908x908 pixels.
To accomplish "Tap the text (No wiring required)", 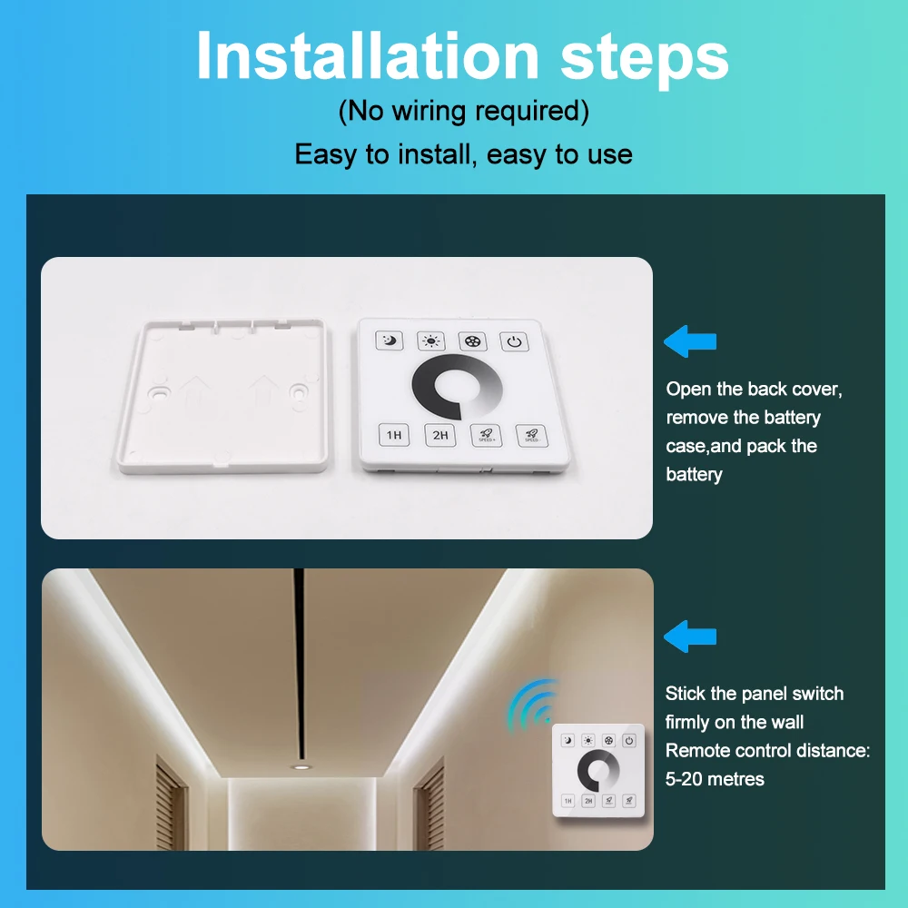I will click(x=463, y=112).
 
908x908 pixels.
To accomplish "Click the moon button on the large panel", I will click(x=389, y=341).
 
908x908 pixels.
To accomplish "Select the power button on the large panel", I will click(x=513, y=342).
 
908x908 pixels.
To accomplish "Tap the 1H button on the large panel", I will click(x=393, y=435).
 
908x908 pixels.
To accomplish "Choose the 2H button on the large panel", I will click(x=439, y=435).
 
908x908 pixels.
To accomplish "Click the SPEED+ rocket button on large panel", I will click(x=484, y=435).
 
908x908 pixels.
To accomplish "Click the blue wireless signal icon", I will click(x=531, y=705).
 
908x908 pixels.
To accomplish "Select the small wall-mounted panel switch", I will click(x=598, y=771).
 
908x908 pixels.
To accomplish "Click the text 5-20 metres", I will click(x=715, y=778).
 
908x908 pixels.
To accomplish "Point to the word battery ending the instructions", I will click(x=694, y=474).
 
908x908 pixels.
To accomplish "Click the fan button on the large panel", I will click(x=471, y=341).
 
